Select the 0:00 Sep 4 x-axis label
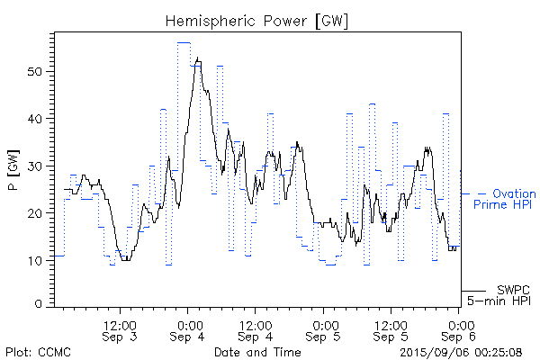click(188, 329)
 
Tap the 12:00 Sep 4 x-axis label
click(256, 329)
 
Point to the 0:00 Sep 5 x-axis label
click(324, 329)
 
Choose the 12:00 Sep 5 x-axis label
click(391, 329)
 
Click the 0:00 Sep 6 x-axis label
click(459, 329)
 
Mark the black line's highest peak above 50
click(196, 58)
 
